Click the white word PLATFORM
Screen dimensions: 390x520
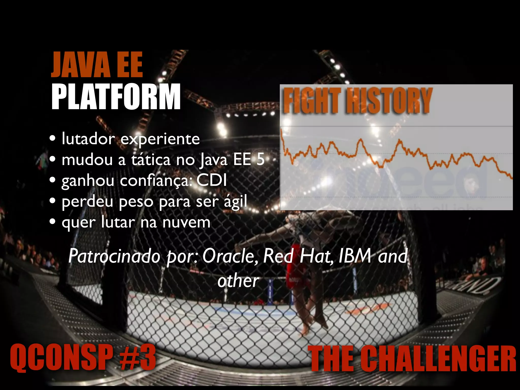(x=116, y=97)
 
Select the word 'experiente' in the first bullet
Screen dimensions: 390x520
(x=160, y=139)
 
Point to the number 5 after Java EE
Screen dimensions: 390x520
(x=260, y=160)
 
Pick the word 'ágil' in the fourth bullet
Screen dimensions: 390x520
(x=235, y=202)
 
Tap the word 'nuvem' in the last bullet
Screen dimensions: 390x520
(x=186, y=222)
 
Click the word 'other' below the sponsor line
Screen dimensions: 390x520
(x=238, y=281)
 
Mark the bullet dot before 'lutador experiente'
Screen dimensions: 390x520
(x=53, y=139)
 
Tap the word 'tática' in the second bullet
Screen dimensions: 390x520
(x=151, y=160)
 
